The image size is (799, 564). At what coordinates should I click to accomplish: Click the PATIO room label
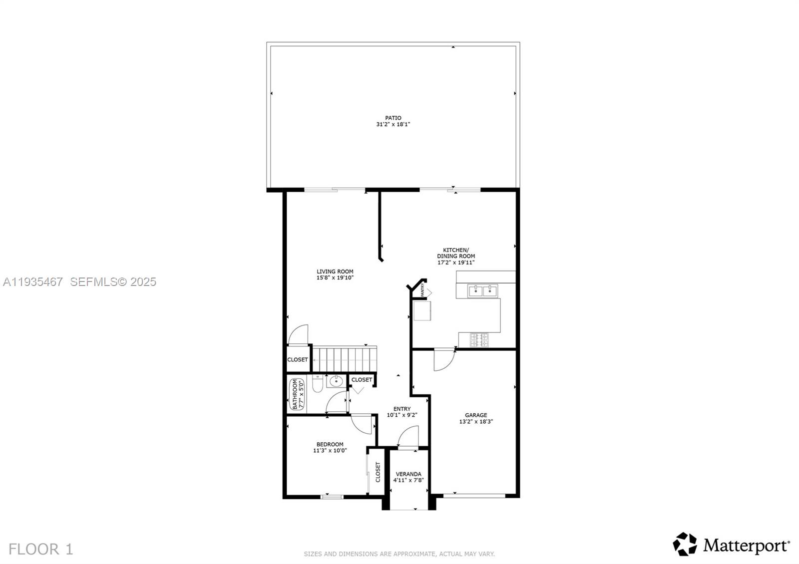[x=393, y=118]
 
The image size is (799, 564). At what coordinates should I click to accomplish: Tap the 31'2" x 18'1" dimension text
[x=393, y=125]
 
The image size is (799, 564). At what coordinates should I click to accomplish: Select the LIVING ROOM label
[x=335, y=272]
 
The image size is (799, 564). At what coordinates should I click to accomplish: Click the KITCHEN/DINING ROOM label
[x=456, y=253]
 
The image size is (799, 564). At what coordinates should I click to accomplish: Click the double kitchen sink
[x=482, y=290]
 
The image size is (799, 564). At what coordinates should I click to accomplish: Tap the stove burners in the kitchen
[x=479, y=340]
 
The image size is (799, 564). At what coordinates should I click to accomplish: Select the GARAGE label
[x=476, y=415]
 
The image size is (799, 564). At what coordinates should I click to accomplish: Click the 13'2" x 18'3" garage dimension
[x=476, y=422]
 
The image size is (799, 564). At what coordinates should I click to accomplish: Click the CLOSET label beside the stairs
[x=298, y=360]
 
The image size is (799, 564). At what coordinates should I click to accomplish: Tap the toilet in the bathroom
[x=317, y=384]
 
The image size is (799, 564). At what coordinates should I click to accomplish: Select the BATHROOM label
[x=295, y=394]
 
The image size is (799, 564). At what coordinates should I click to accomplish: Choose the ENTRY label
[x=401, y=409]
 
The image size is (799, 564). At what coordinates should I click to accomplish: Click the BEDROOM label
[x=330, y=444]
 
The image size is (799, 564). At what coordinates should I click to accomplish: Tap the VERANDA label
[x=408, y=474]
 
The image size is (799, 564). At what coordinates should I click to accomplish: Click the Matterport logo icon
[x=685, y=544]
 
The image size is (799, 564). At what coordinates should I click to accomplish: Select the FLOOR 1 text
[x=41, y=550]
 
